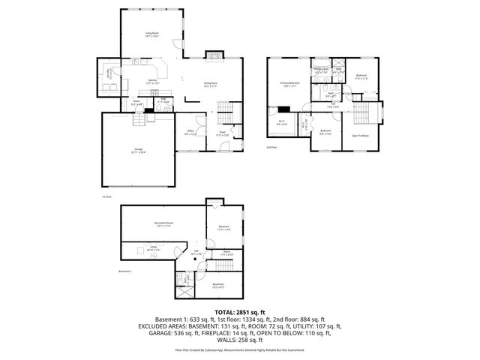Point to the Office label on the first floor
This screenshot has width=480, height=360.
tap(191, 132)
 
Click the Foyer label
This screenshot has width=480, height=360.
tap(223, 133)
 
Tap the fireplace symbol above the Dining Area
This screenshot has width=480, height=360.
tap(213, 55)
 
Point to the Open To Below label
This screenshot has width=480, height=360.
tap(360, 136)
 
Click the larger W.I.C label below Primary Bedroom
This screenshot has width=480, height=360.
tap(280, 123)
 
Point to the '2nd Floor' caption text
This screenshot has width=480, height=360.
tap(271, 148)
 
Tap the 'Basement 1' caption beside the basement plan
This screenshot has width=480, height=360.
tap(125, 271)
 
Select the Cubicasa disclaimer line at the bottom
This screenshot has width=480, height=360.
tap(240, 349)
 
